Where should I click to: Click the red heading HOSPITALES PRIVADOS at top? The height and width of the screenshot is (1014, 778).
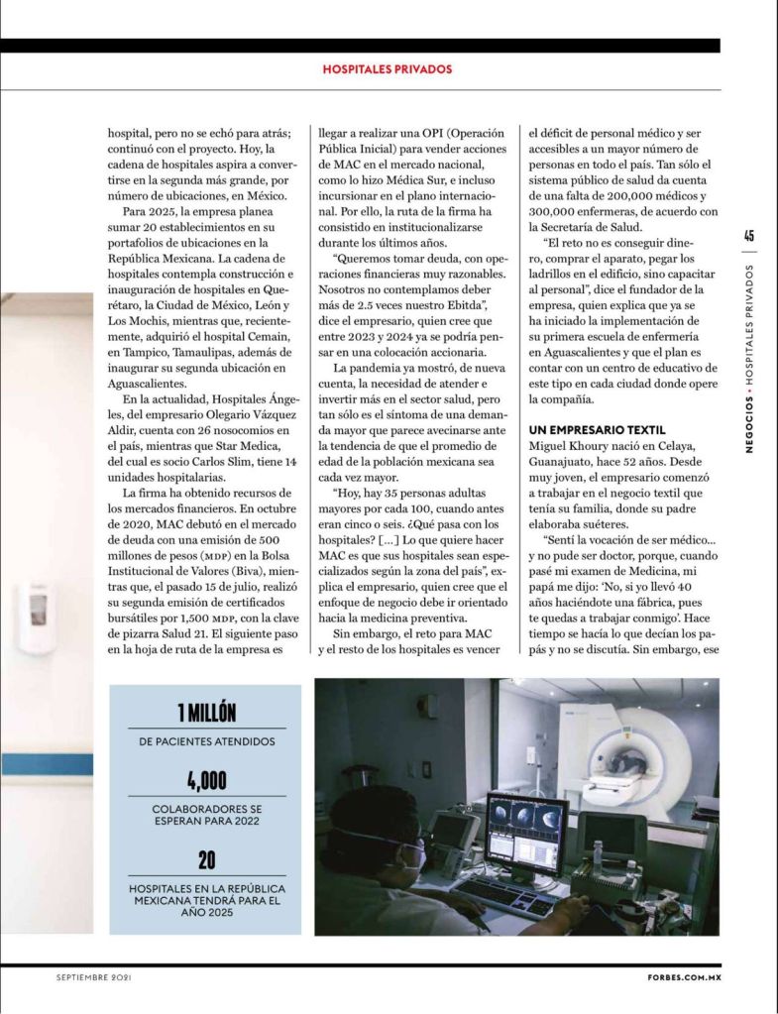pyautogui.click(x=388, y=69)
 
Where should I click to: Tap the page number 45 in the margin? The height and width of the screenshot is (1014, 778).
pyautogui.click(x=749, y=235)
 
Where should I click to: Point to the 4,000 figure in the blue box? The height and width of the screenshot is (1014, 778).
pyautogui.click(x=206, y=779)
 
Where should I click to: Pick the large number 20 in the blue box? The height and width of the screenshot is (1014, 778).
pyautogui.click(x=206, y=857)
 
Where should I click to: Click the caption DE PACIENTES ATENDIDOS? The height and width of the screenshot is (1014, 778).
pyautogui.click(x=206, y=740)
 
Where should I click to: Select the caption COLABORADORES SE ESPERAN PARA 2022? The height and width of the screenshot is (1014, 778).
pyautogui.click(x=206, y=815)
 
